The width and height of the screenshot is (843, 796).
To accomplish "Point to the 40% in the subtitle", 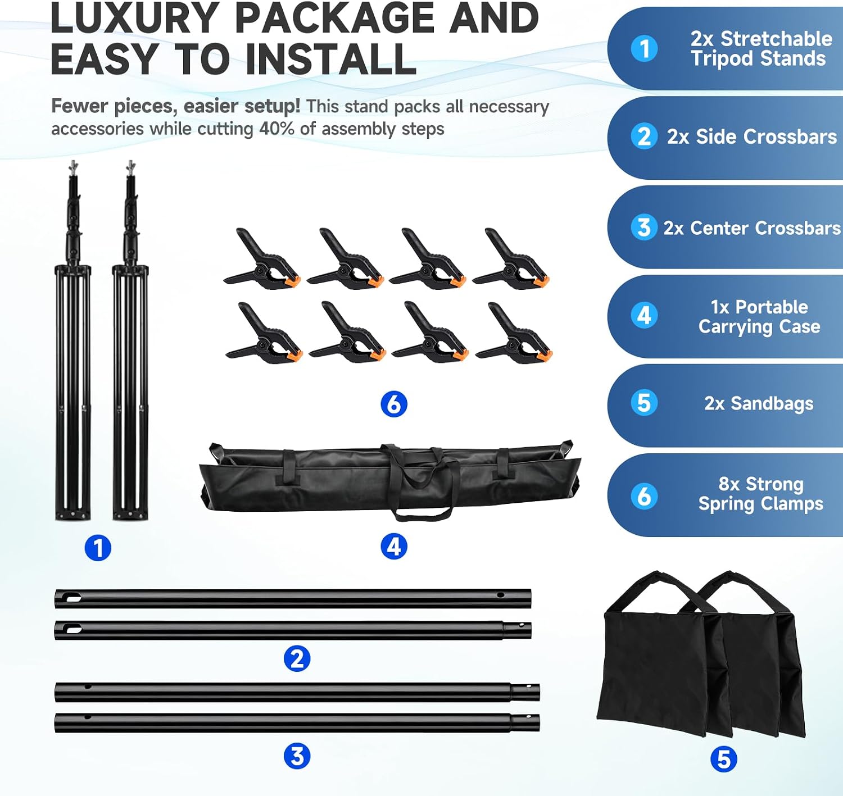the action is tap(277, 129).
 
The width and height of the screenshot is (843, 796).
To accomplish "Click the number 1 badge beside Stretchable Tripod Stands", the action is tap(644, 48).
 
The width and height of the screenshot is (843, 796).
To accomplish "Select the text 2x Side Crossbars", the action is tap(752, 137).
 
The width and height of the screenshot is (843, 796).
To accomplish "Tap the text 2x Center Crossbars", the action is tap(752, 228).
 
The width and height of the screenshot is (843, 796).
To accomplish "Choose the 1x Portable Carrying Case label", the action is tap(759, 316).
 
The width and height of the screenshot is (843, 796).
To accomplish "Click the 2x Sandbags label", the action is tap(759, 403).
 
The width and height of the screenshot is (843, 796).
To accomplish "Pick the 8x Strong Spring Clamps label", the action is tap(760, 494).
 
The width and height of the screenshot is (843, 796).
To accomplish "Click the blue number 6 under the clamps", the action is tap(394, 404).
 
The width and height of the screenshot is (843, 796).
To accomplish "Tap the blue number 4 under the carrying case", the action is tap(394, 547).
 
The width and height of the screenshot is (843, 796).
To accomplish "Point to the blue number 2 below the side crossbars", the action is tap(297, 658).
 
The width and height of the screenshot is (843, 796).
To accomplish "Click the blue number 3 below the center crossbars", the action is tap(297, 756).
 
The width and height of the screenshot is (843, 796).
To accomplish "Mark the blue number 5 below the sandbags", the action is tap(724, 759).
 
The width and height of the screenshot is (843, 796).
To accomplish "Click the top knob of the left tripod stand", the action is tap(74, 166).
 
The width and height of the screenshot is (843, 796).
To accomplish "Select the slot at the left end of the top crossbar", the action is tap(73, 598).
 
